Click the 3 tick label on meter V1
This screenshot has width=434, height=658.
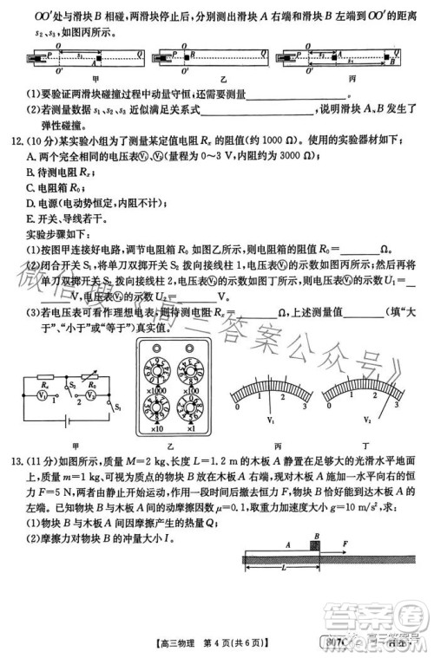click(x=306, y=405)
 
